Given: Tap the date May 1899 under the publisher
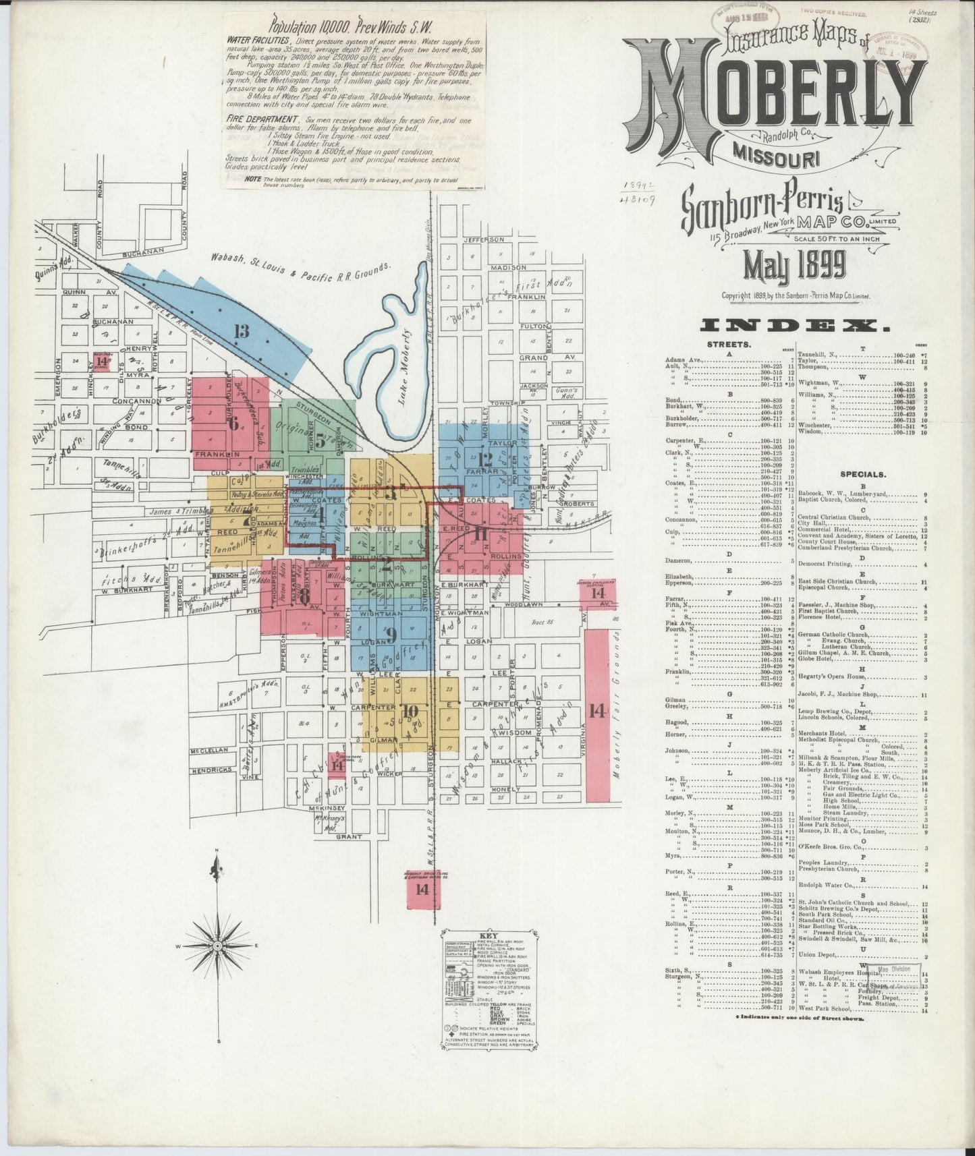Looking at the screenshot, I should [794, 266].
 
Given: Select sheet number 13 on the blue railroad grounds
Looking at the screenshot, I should [242, 330].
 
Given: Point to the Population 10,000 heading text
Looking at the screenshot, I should [350, 28].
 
